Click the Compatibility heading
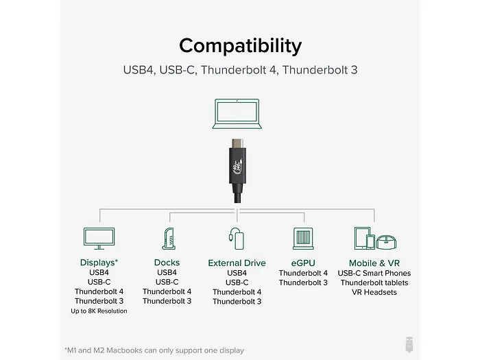click(x=240, y=46)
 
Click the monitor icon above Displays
click(x=98, y=238)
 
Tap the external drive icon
click(x=237, y=237)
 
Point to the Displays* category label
click(x=99, y=263)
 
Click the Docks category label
click(x=167, y=263)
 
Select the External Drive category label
click(x=237, y=263)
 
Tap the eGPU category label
click(x=303, y=263)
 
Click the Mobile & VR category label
click(x=374, y=263)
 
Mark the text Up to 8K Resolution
click(x=99, y=311)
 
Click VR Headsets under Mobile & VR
click(x=374, y=292)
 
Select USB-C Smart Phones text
click(x=374, y=273)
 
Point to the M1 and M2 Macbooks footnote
click(x=154, y=350)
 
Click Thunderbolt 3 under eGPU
click(x=303, y=283)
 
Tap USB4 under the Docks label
click(x=167, y=273)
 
